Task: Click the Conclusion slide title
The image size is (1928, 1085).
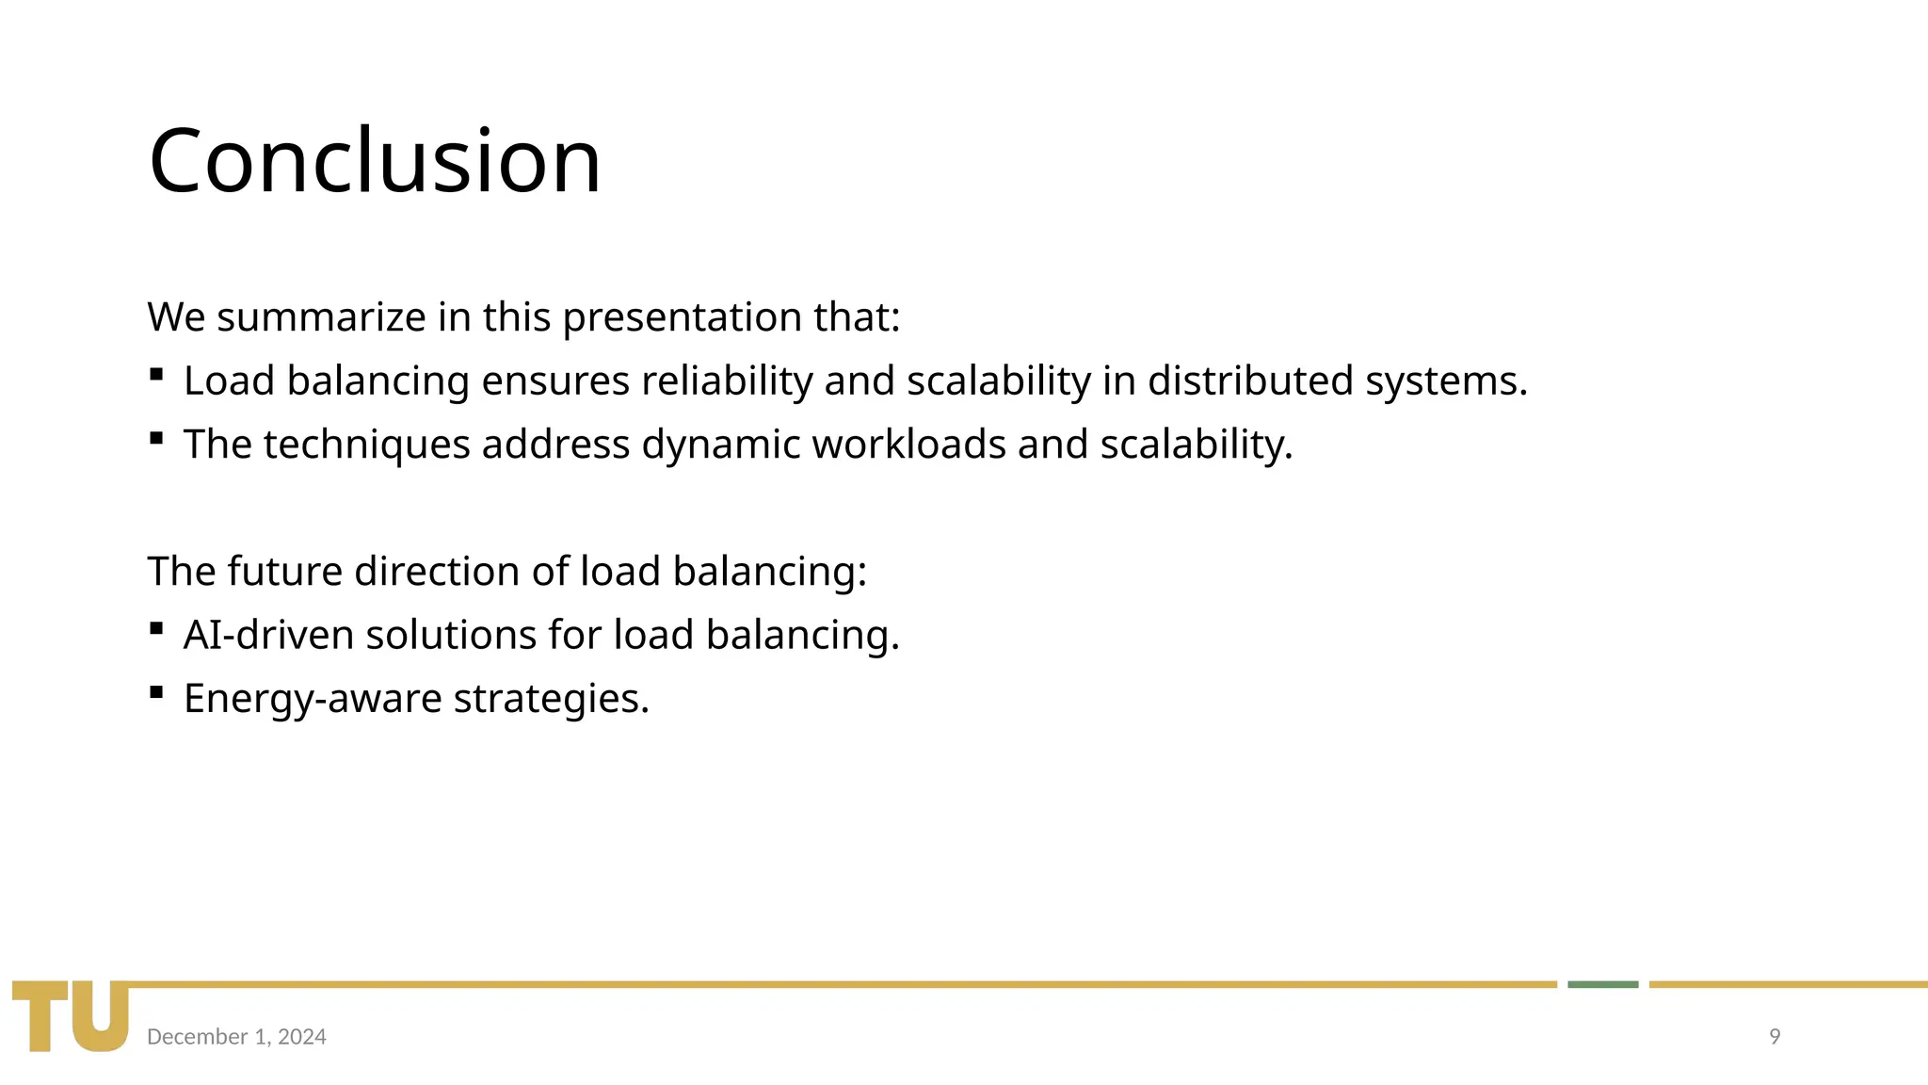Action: click(375, 161)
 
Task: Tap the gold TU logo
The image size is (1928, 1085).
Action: click(71, 1015)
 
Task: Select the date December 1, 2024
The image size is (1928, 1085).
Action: click(236, 1037)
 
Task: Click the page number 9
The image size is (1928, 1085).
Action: click(1775, 1037)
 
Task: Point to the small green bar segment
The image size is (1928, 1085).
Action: click(1602, 984)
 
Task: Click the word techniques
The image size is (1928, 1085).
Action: click(366, 445)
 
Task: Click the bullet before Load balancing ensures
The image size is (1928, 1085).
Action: click(156, 376)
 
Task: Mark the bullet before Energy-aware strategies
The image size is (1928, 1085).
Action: click(156, 694)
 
